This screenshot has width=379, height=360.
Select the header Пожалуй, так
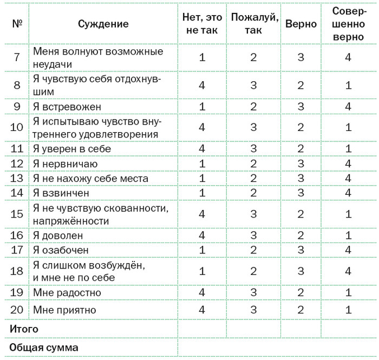[x=254, y=23]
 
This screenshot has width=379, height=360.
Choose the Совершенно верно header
[x=349, y=23]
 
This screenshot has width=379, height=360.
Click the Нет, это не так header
[x=202, y=23]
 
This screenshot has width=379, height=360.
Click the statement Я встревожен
[x=67, y=107]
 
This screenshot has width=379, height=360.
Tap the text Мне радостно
[x=67, y=293]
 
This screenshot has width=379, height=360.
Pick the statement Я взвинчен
[x=61, y=192]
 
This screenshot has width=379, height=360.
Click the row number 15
[x=17, y=214]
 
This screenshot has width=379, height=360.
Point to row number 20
[x=17, y=310]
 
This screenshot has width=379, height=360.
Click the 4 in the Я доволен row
[x=202, y=235]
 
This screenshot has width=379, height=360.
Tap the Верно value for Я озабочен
[x=301, y=250]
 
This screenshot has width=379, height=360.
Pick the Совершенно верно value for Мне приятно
[x=349, y=310]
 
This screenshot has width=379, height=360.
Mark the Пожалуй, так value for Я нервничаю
[x=254, y=163]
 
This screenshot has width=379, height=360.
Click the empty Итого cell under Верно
[x=301, y=328]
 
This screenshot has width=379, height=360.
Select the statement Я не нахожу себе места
[x=90, y=178]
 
